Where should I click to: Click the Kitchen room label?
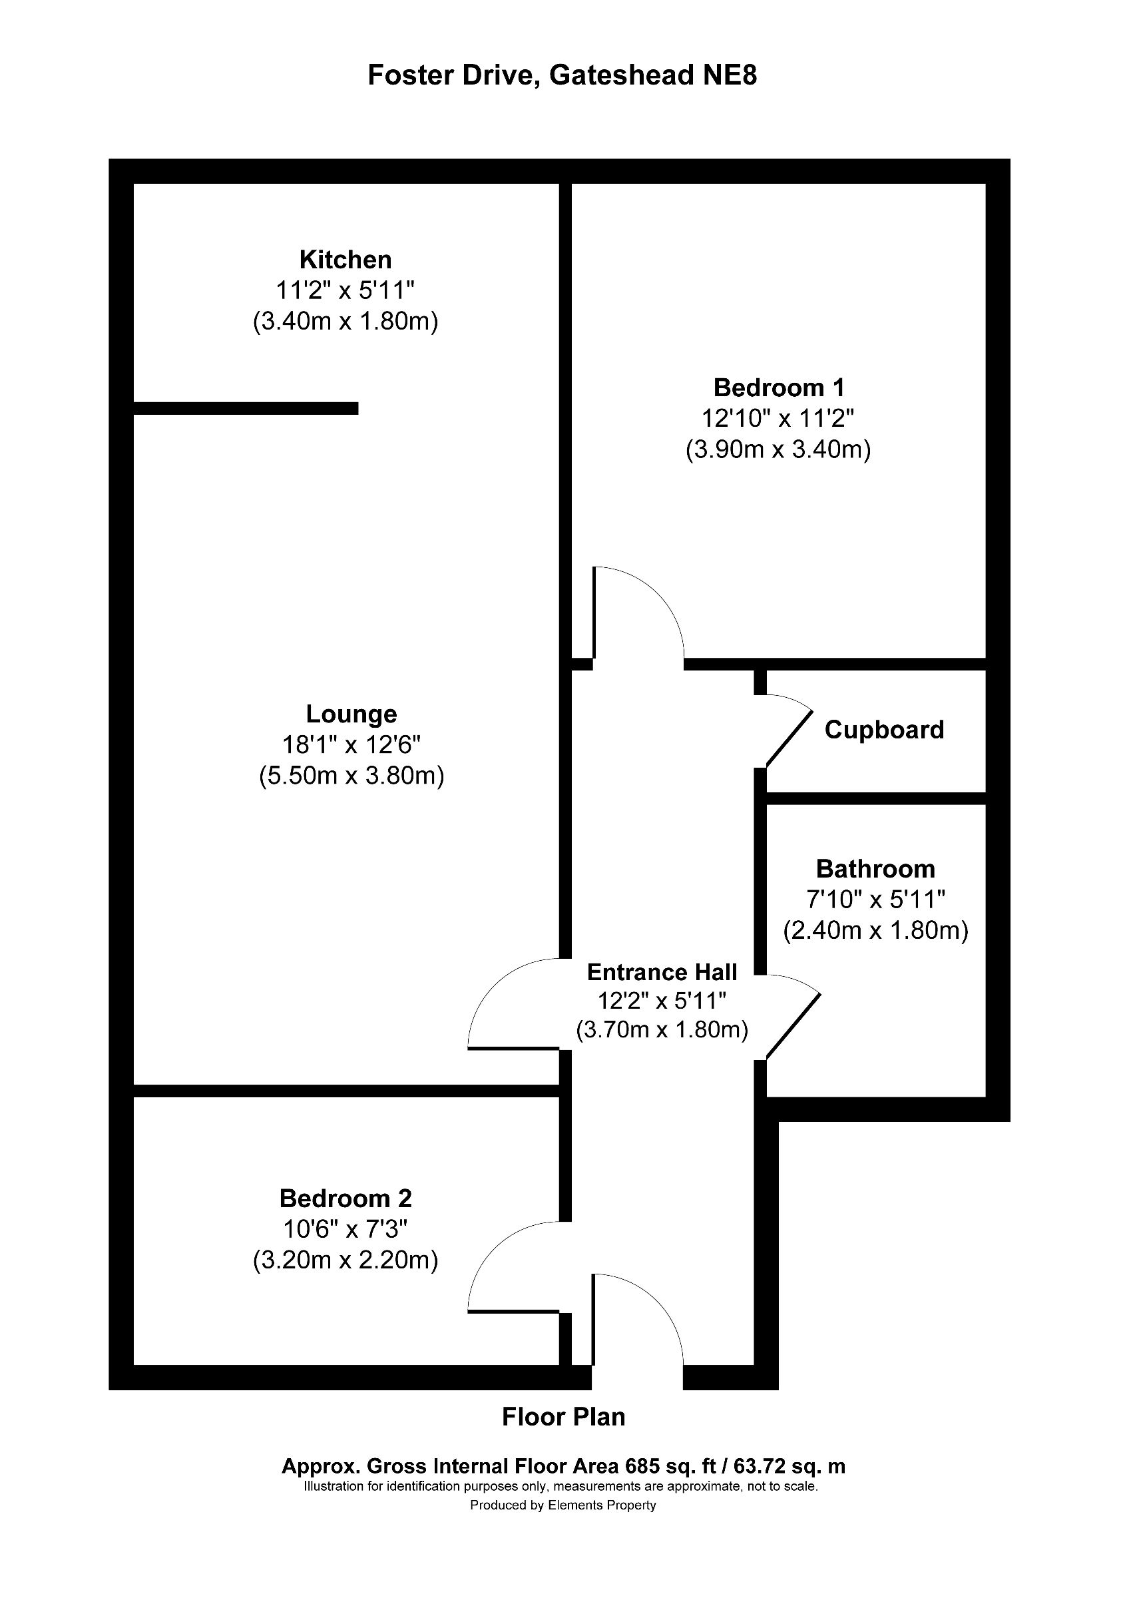pos(345,260)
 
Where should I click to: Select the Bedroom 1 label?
pos(778,387)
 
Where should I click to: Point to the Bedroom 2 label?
pos(345,1198)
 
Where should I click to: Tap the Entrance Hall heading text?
pos(662,971)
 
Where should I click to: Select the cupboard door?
pos(790,737)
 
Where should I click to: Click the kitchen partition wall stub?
pos(246,409)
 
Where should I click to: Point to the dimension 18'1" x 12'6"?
pos(351,746)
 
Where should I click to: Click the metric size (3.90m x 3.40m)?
pos(778,449)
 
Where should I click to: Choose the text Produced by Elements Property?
pos(563,1505)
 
